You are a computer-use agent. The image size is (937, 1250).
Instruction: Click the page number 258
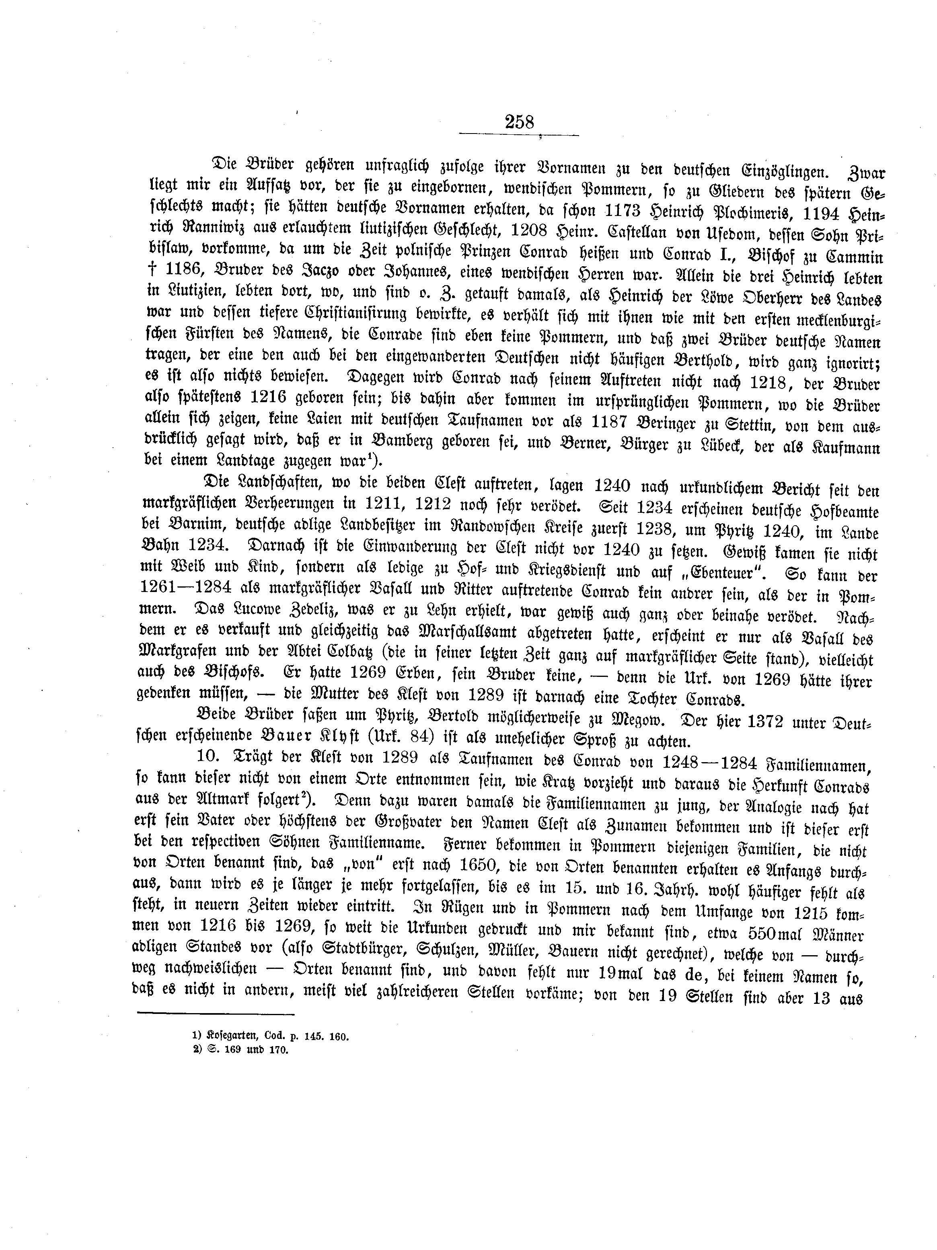(x=519, y=122)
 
